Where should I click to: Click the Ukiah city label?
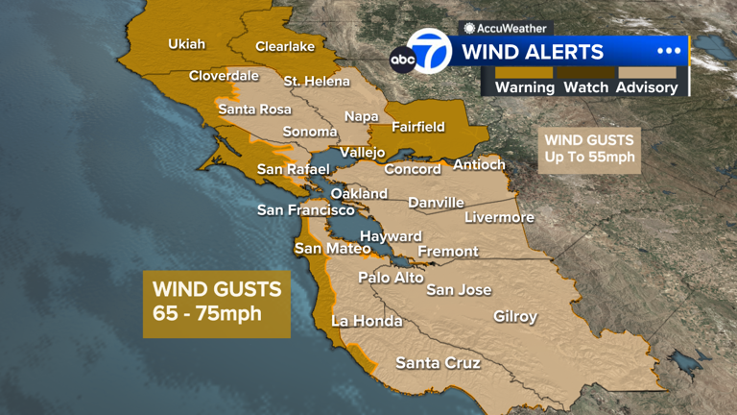[x=187, y=43]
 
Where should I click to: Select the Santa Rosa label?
[x=254, y=110]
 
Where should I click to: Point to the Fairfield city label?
[x=418, y=126]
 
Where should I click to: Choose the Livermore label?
[x=499, y=217]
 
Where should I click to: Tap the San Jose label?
[x=459, y=289]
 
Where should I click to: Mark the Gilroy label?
[x=515, y=316]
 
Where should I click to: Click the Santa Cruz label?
[x=439, y=363]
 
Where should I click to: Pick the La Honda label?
[x=367, y=321]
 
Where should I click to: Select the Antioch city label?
[x=479, y=164]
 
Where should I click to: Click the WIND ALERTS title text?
[x=534, y=52]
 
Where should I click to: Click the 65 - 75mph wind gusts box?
[x=217, y=301]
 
